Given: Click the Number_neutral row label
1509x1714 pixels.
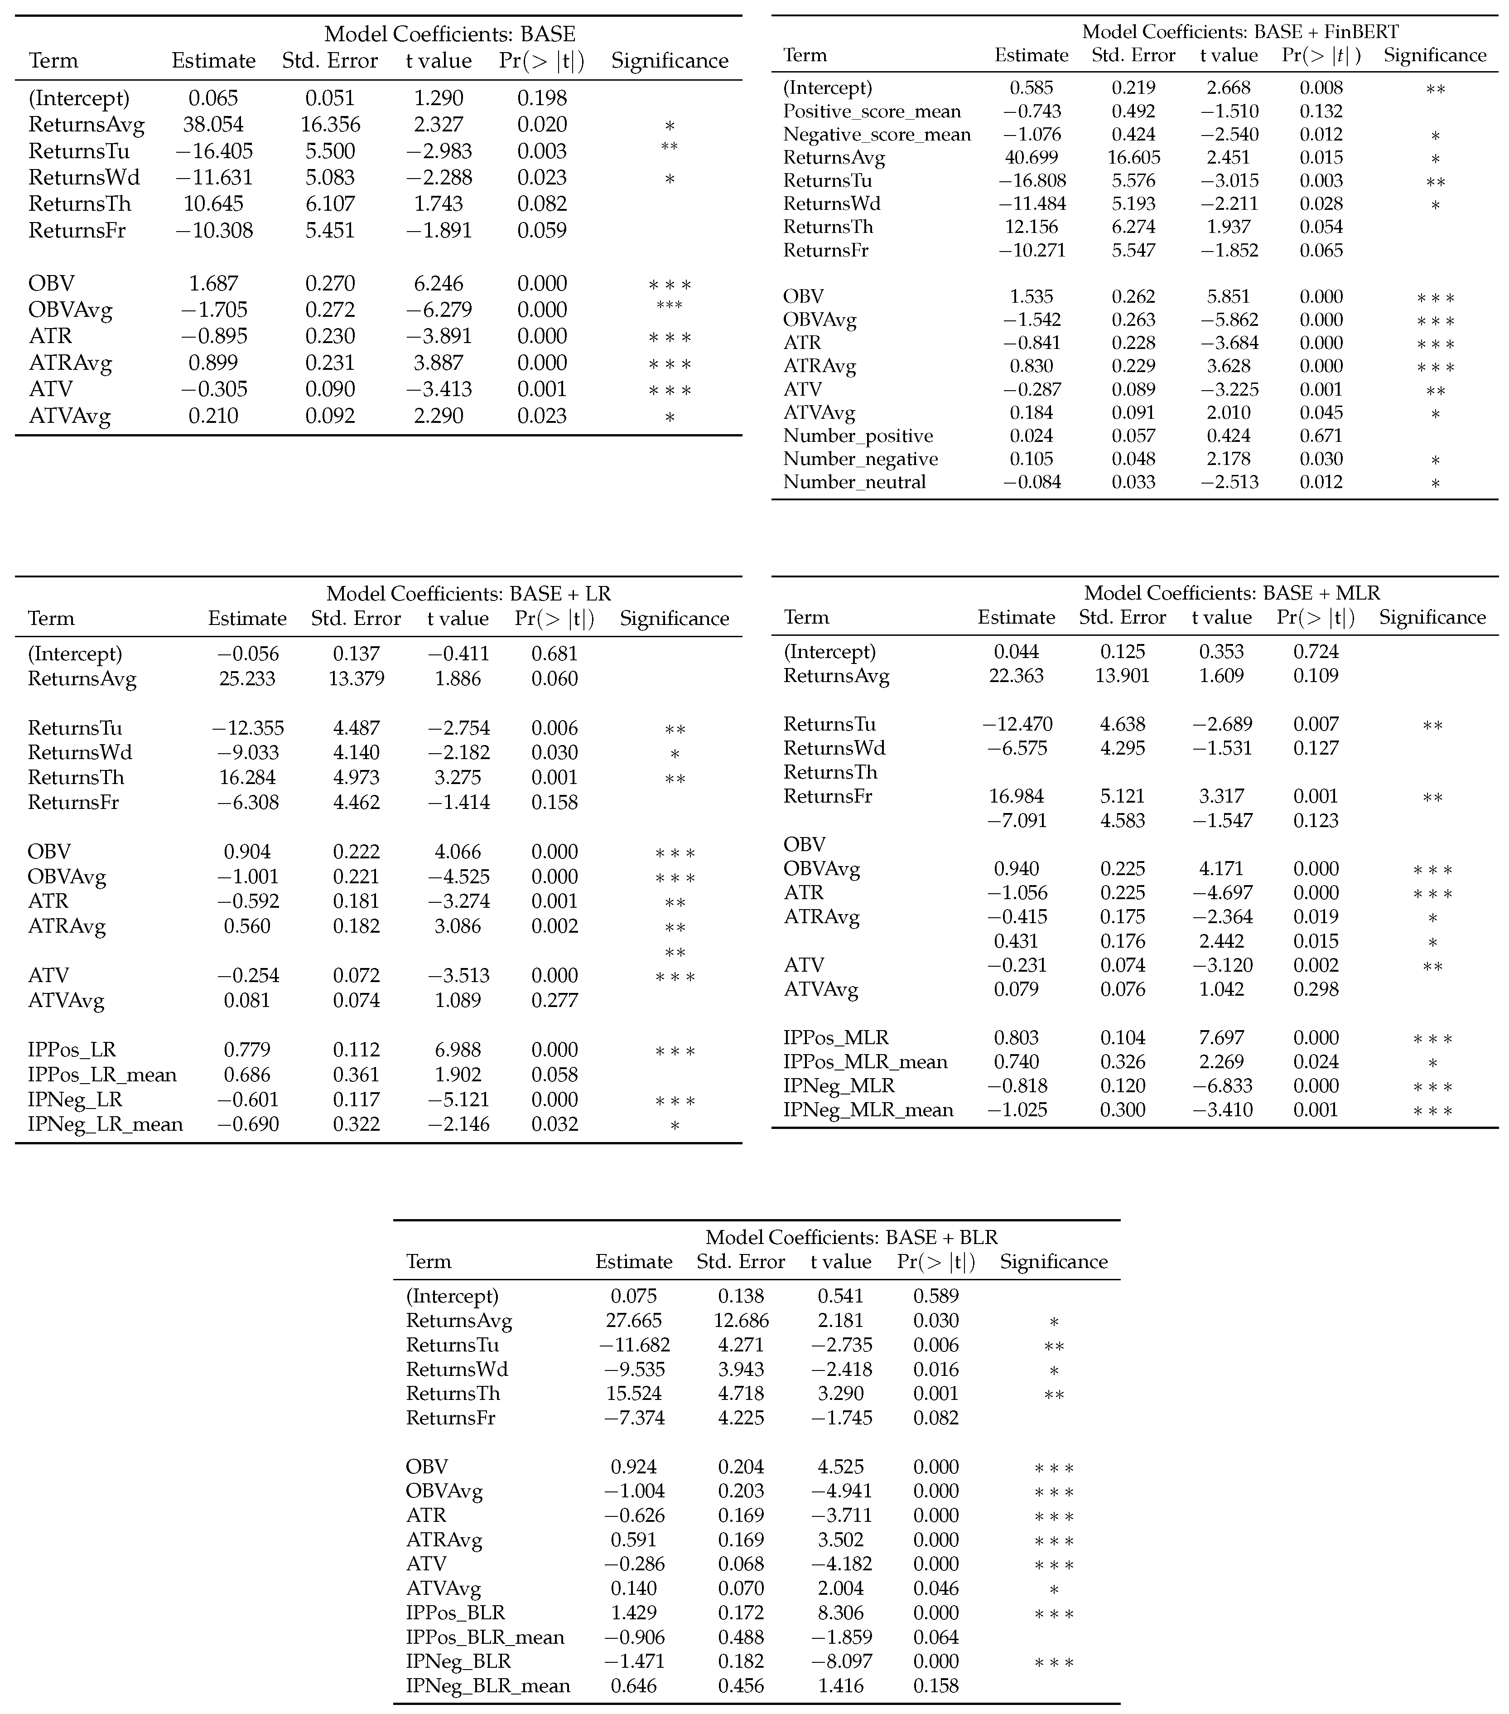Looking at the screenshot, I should click(854, 482).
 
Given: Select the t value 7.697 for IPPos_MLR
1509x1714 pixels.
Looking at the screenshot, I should click(1221, 1038).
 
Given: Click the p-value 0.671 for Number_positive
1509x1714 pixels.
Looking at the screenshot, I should click(1321, 436).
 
